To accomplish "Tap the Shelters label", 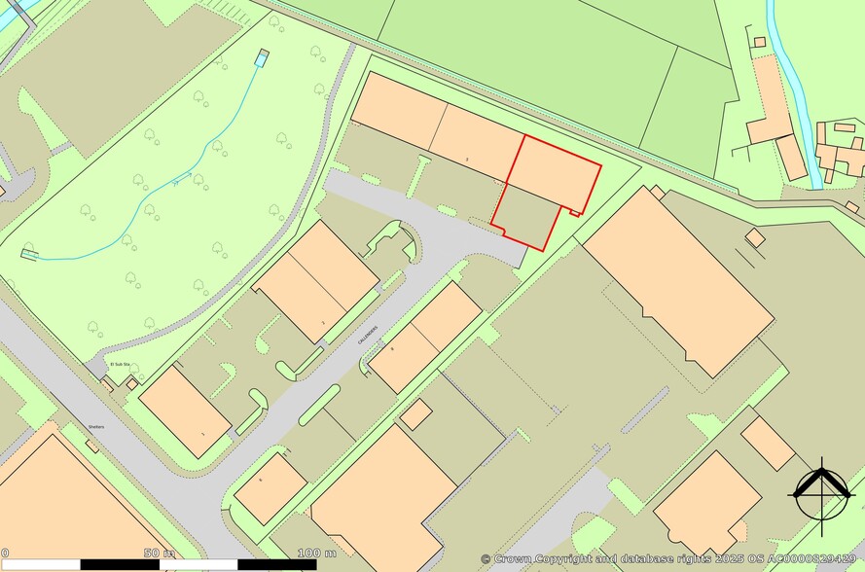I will [94, 427].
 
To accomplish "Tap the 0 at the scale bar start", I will [5, 553].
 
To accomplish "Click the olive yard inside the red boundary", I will [525, 216].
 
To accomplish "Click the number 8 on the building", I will [392, 347].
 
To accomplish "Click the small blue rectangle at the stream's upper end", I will [261, 58].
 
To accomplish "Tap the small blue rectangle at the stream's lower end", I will [30, 255].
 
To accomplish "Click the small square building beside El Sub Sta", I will [132, 383].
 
